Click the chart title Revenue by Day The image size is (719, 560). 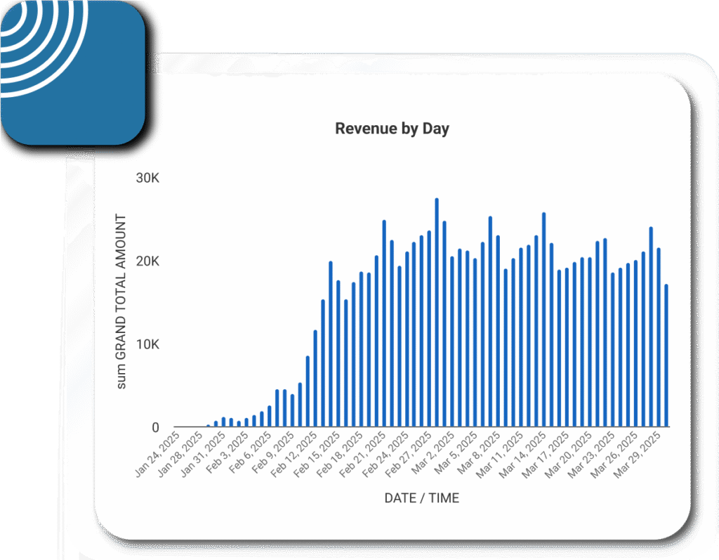pyautogui.click(x=392, y=129)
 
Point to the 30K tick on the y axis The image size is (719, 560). pyautogui.click(x=148, y=178)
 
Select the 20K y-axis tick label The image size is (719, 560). pyautogui.click(x=148, y=261)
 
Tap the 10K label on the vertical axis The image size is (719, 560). pyautogui.click(x=148, y=345)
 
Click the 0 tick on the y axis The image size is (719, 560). pyautogui.click(x=155, y=427)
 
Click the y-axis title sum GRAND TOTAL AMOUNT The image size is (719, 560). pyautogui.click(x=121, y=301)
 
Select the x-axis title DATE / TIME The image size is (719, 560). pyautogui.click(x=421, y=498)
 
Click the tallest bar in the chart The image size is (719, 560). pyautogui.click(x=437, y=313)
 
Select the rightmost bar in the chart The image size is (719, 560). pyautogui.click(x=666, y=356)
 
